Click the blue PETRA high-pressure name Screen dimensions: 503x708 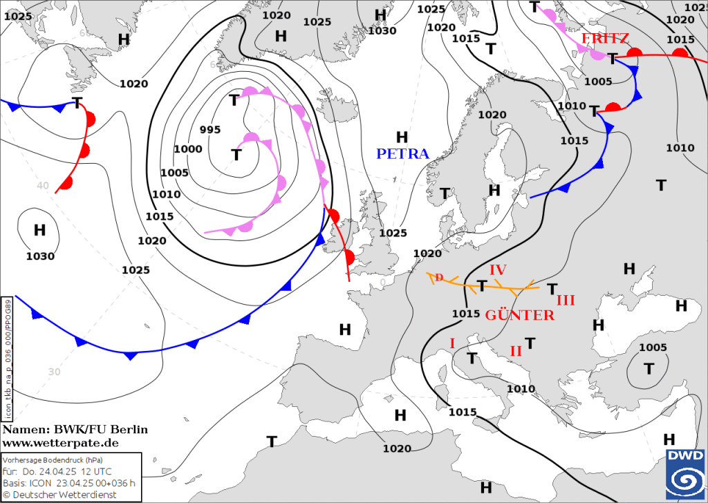pos(402,153)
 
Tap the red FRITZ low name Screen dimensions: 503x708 pos(605,39)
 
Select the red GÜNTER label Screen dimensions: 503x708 pos(519,315)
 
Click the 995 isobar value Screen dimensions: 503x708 pos(209,130)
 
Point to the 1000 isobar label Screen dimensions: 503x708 pos(188,149)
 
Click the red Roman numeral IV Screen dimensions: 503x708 pos(499,269)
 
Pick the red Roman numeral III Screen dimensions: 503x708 pos(566,300)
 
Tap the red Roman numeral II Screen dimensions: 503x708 pos(516,351)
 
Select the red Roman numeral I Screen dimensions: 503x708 pos(452,343)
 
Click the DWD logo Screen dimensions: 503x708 pos(684,473)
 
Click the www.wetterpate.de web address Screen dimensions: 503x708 pos(60,442)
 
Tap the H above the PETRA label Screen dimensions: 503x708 pos(402,137)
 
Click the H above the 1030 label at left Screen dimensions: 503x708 pos(39,230)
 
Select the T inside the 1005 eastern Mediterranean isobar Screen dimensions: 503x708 pos(649,368)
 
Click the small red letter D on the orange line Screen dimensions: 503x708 pos(438,277)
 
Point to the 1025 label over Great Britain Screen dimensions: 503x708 pos(393,233)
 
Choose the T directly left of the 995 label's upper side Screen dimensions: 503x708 pos(234,100)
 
